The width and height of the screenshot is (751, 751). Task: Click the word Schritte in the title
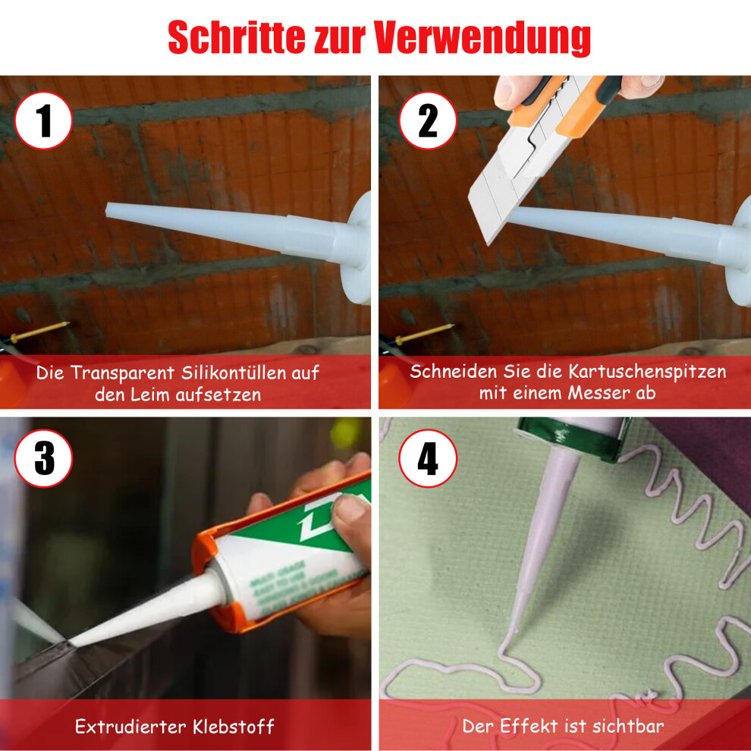tap(237, 37)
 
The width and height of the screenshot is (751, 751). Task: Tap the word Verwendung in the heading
tap(482, 39)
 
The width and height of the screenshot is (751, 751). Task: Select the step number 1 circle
tap(43, 121)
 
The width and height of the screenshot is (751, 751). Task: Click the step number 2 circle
tap(428, 121)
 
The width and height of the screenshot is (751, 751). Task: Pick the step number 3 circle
tap(43, 458)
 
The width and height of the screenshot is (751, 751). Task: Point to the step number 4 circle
tap(428, 458)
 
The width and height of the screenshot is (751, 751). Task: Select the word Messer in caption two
tap(599, 393)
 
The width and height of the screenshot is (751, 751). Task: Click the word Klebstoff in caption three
tap(233, 727)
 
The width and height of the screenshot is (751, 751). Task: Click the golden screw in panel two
tap(424, 333)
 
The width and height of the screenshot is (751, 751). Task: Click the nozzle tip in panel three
tap(71, 643)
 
